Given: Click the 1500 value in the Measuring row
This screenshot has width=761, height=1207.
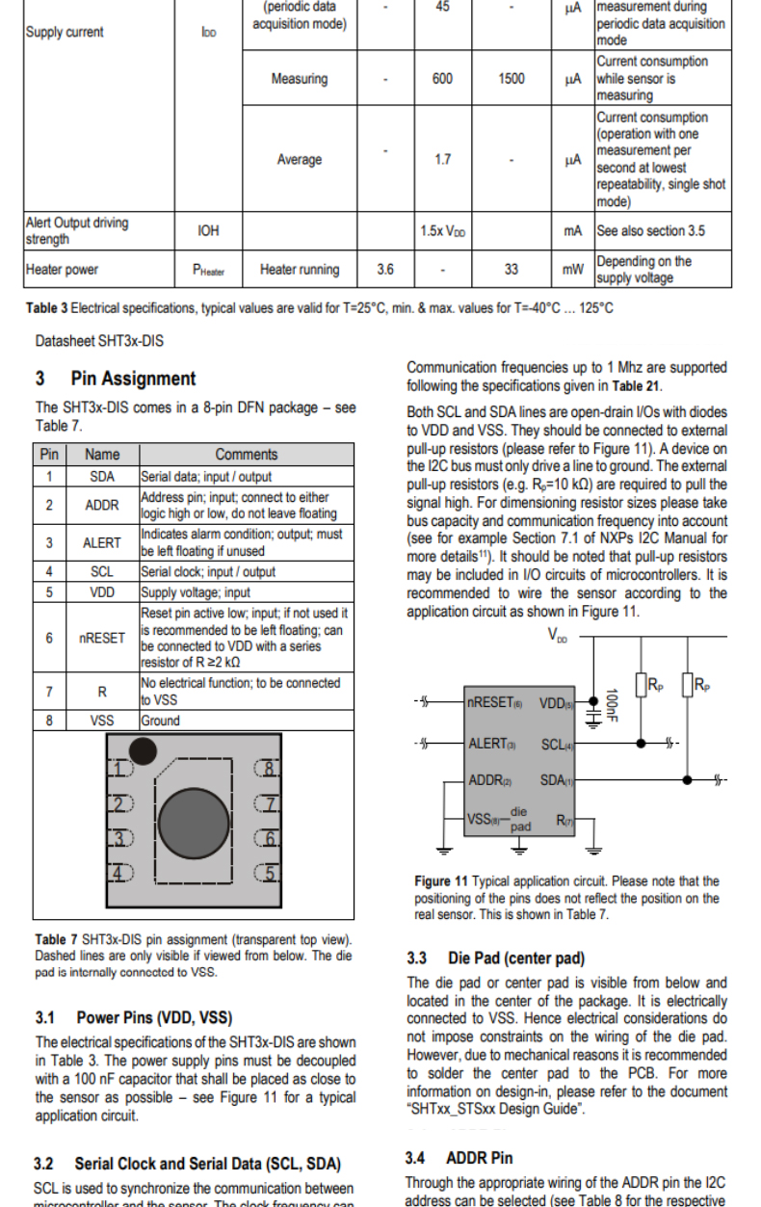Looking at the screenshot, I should tap(511, 79).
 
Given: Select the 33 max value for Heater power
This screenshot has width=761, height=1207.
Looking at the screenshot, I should tap(511, 270).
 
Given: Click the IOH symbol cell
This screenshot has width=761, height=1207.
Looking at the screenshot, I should tap(208, 231).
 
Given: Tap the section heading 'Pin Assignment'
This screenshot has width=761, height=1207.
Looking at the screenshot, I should tap(133, 379).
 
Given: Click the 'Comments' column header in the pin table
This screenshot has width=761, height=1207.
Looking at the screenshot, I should tap(246, 455).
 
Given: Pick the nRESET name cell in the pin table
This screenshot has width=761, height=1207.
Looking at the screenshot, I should tap(102, 638).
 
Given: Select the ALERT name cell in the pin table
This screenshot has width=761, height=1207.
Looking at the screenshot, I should tap(102, 542).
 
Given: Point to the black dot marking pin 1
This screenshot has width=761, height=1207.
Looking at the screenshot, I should tap(144, 749).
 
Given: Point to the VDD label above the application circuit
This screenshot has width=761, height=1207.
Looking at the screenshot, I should tap(558, 635).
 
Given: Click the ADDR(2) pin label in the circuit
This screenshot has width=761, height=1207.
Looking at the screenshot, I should tap(488, 780).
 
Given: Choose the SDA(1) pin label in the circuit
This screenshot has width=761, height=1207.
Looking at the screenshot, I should tap(556, 780).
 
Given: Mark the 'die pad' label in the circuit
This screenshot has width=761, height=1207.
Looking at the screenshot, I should tap(520, 820).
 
